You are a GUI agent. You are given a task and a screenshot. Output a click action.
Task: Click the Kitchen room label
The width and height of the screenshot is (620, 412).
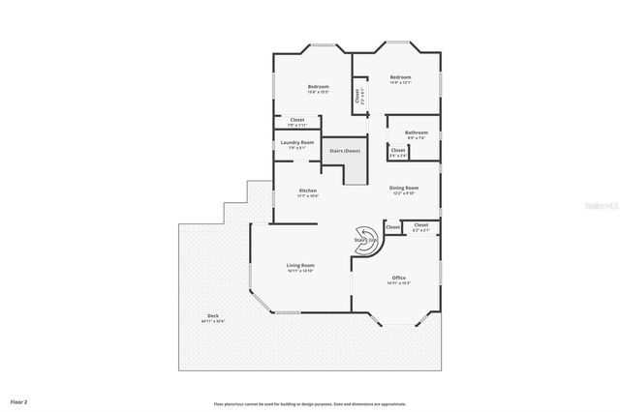point(308,190)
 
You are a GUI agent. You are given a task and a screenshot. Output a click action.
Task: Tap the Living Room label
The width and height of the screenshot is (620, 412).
point(300,265)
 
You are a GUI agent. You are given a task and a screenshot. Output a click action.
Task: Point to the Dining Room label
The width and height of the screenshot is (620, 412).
point(404,188)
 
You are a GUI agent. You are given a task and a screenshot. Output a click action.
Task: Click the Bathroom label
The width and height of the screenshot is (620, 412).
point(417,132)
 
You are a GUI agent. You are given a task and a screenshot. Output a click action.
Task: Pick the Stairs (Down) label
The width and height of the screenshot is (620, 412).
point(345,151)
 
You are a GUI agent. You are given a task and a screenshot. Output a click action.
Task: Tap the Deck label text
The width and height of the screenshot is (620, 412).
point(212,317)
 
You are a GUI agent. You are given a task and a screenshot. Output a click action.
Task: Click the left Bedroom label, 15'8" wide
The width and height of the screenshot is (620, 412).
point(319,87)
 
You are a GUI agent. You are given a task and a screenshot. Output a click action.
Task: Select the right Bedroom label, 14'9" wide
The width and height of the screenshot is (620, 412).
point(401,77)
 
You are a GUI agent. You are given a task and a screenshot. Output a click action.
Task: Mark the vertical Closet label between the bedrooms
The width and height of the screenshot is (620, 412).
point(357,96)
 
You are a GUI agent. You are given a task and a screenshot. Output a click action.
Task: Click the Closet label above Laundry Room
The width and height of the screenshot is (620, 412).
point(297,120)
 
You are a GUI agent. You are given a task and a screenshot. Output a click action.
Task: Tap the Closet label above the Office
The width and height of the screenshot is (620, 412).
point(420,226)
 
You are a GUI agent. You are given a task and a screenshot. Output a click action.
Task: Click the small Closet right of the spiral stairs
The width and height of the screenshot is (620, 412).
point(392,226)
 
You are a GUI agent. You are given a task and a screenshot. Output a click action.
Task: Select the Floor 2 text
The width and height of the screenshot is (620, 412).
point(18,399)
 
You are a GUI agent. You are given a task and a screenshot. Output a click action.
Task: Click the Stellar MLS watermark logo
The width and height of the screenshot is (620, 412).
point(603,205)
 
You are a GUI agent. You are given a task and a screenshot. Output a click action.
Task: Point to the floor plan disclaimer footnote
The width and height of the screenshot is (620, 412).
point(310,403)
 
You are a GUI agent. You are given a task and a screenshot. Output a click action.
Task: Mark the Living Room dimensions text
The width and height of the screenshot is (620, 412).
point(300,271)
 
